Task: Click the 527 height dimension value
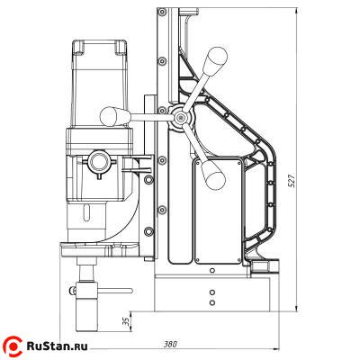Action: click(x=292, y=180)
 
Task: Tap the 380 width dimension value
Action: click(x=170, y=344)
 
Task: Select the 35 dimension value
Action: click(x=126, y=322)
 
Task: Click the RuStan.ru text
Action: click(x=57, y=346)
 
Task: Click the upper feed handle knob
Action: click(x=215, y=60)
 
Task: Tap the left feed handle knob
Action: click(x=114, y=116)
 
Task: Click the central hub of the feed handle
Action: click(x=180, y=118)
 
